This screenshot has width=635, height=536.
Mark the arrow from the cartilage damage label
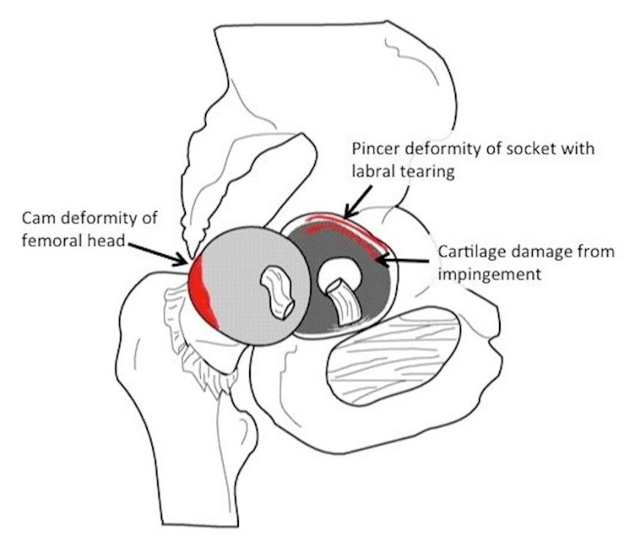[403, 259]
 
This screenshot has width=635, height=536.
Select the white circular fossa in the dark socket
[337, 273]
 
